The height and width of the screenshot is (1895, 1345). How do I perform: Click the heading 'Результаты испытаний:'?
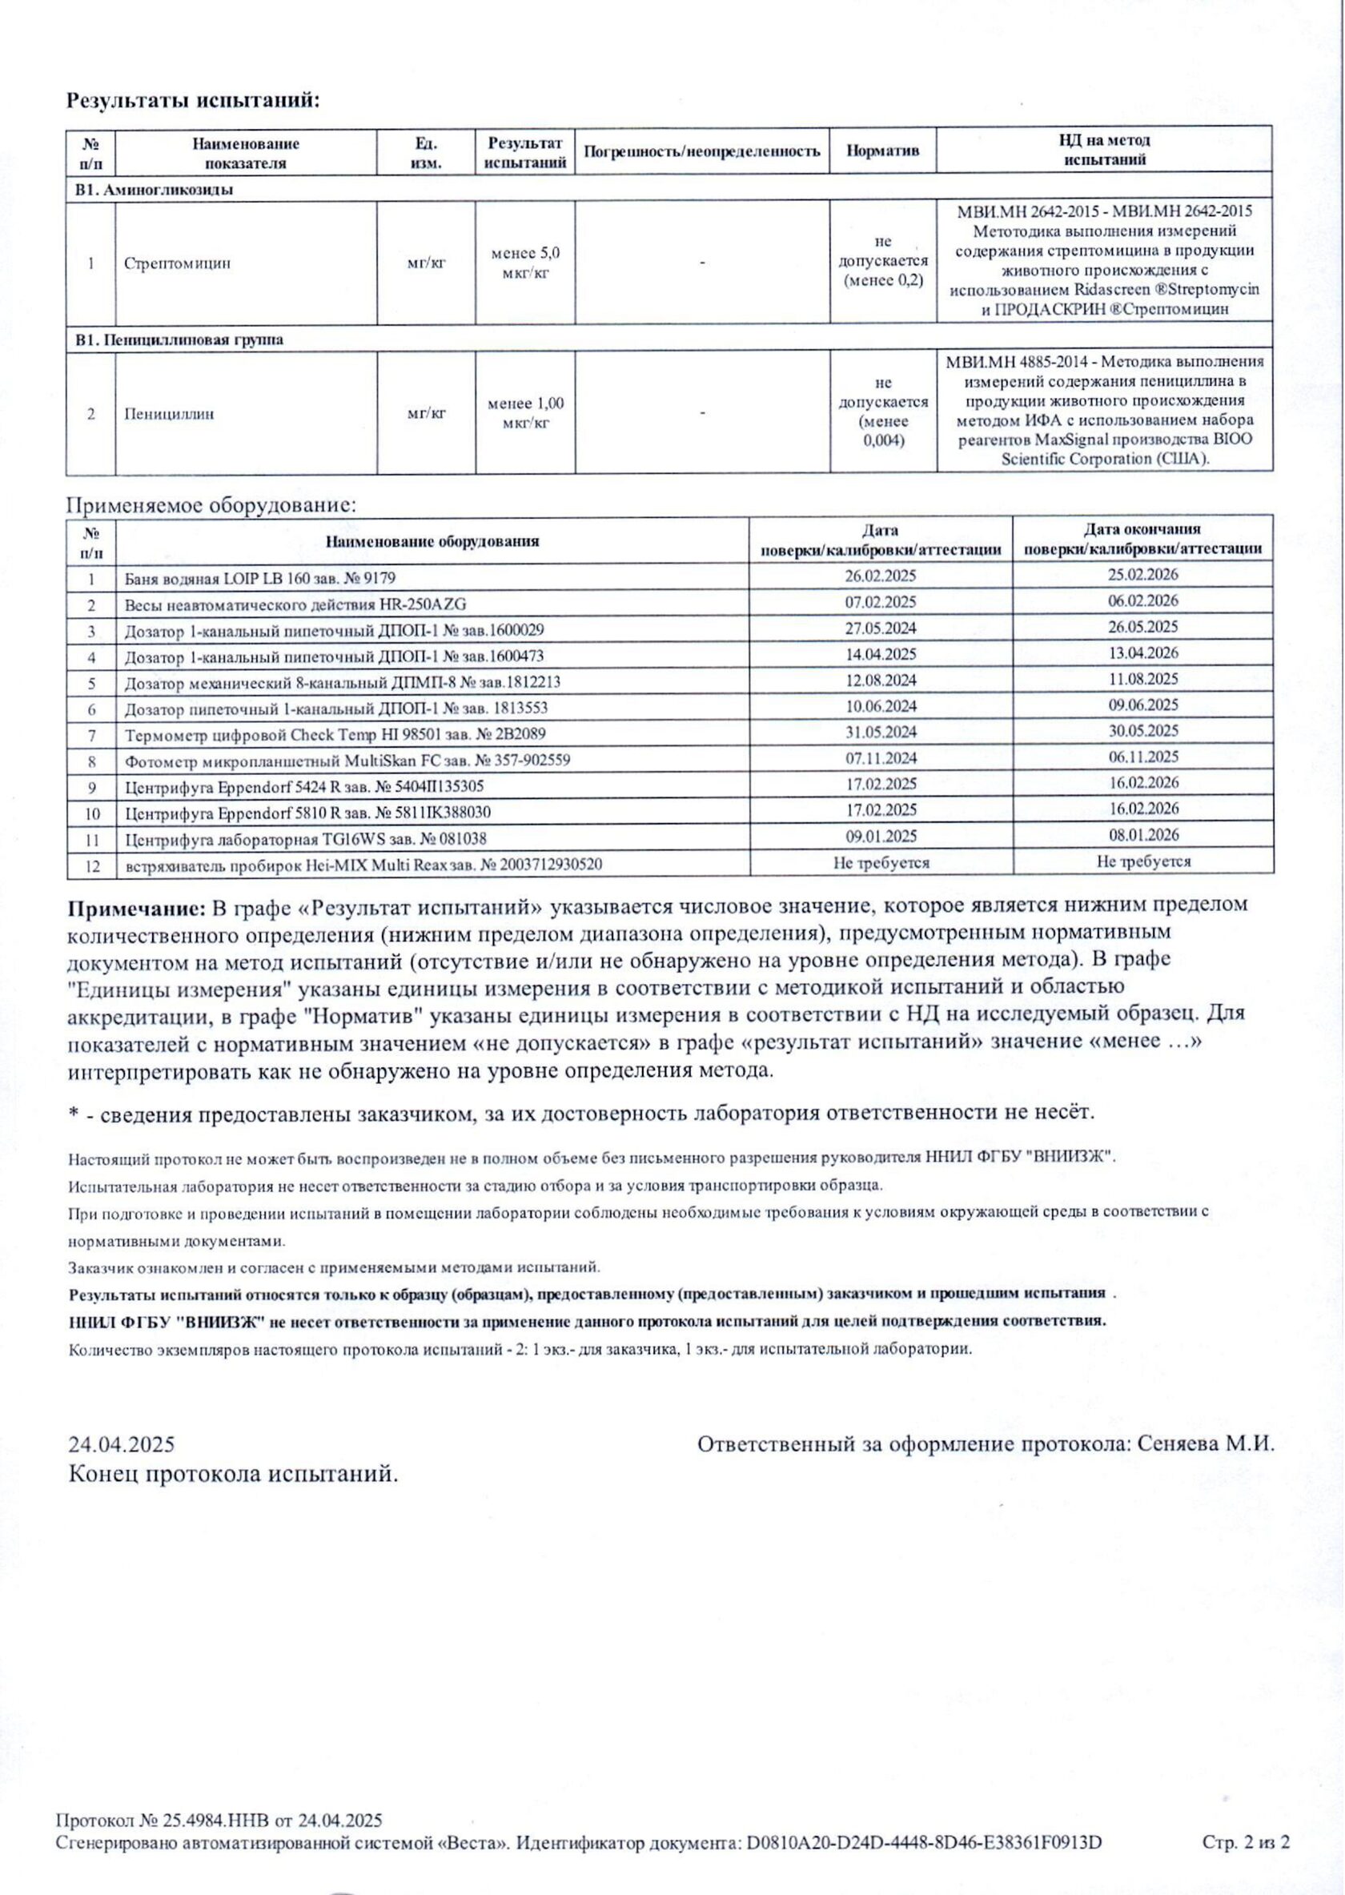(x=192, y=101)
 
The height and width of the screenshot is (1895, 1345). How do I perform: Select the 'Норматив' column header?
(x=882, y=151)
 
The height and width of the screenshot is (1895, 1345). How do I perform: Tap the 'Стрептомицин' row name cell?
(x=177, y=263)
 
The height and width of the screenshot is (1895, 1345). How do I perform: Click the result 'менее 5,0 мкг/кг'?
(x=525, y=263)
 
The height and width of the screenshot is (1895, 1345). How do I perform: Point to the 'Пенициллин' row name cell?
(x=169, y=413)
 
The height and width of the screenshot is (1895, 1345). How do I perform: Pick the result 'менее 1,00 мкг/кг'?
(x=525, y=413)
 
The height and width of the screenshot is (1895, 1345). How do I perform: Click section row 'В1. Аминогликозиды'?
(x=154, y=190)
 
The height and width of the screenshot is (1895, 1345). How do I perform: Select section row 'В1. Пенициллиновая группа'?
(x=179, y=339)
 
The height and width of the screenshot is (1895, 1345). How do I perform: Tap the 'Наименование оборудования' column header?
(x=432, y=542)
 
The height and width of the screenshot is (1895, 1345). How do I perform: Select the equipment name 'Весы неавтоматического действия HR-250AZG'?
(x=301, y=604)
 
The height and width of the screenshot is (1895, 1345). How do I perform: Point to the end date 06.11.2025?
(x=1142, y=757)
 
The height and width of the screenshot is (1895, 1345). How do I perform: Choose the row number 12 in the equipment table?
(x=92, y=865)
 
